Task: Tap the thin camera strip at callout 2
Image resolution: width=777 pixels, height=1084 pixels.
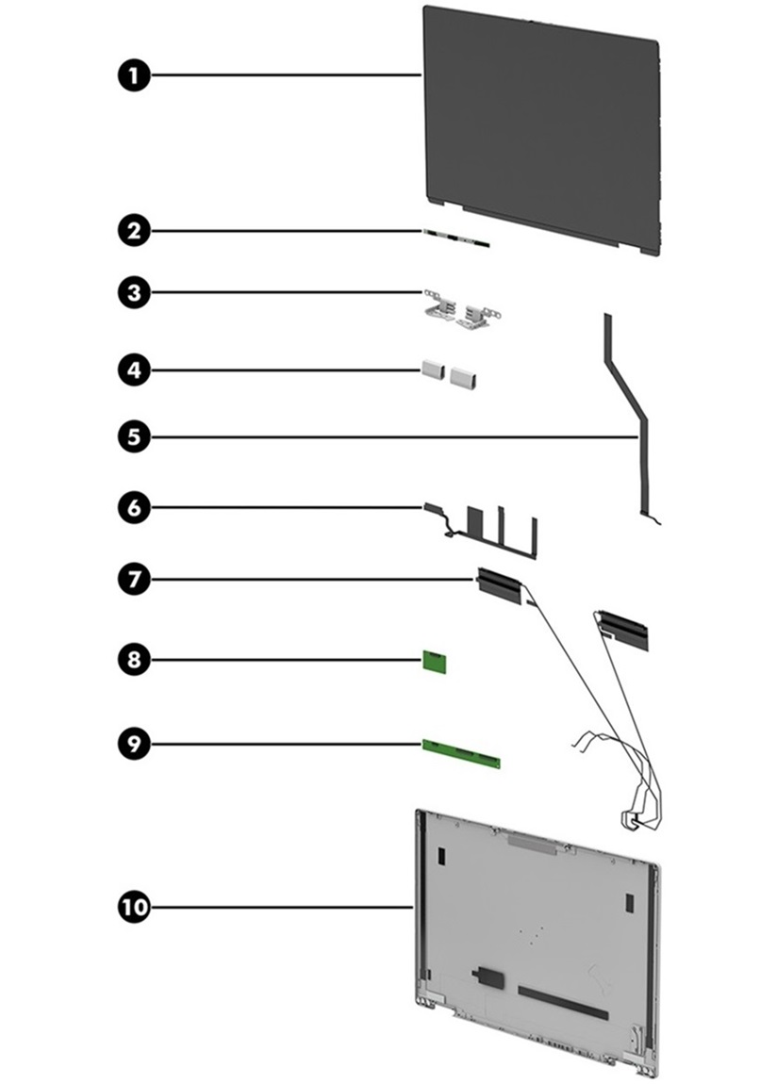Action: coord(456,237)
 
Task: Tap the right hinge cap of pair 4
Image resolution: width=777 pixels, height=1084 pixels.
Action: coord(464,377)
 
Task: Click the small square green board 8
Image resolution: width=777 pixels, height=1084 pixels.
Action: coord(436,663)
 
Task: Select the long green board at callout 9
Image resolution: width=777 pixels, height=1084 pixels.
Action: coord(461,752)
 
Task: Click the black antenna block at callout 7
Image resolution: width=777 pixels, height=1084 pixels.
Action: coord(498,584)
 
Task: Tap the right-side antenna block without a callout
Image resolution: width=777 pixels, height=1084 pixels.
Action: coord(624,627)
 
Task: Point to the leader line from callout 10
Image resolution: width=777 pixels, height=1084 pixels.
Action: coord(283,907)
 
